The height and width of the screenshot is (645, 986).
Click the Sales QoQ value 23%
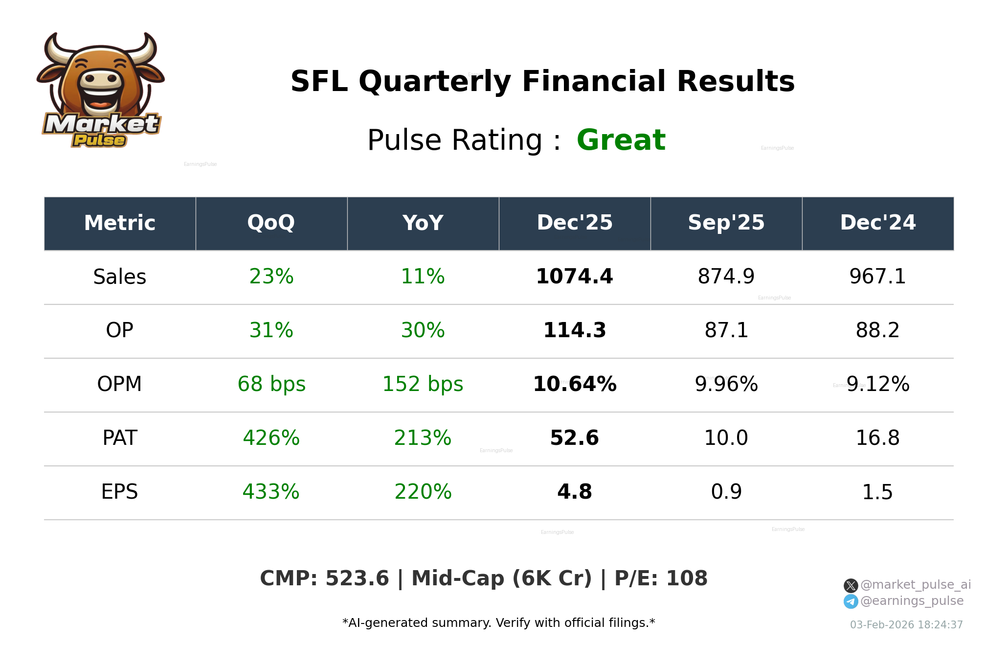coord(271,276)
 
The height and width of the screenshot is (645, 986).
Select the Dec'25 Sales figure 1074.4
coord(574,276)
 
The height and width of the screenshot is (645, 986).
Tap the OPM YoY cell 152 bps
coord(423,384)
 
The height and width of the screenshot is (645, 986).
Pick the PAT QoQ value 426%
coord(271,438)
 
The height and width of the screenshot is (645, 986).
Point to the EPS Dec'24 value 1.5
coord(877,492)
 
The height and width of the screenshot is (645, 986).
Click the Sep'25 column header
coord(726,223)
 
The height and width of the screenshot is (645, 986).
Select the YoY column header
coord(423,223)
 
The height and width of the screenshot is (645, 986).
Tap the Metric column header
coord(120,223)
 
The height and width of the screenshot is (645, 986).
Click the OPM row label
coord(120,384)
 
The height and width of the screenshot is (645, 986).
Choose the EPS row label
coord(120,492)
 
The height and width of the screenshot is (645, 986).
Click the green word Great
coord(621,140)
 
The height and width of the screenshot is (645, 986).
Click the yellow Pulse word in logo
coord(99,140)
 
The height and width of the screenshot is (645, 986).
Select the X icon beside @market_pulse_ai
coord(851,585)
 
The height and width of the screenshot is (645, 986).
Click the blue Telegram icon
coord(851,601)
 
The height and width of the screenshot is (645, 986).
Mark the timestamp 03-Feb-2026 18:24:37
coord(906,625)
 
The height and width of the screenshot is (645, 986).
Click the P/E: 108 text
coord(661,578)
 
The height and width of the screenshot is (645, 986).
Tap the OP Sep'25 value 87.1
coord(726,330)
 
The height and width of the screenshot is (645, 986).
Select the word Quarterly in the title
coord(435,82)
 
